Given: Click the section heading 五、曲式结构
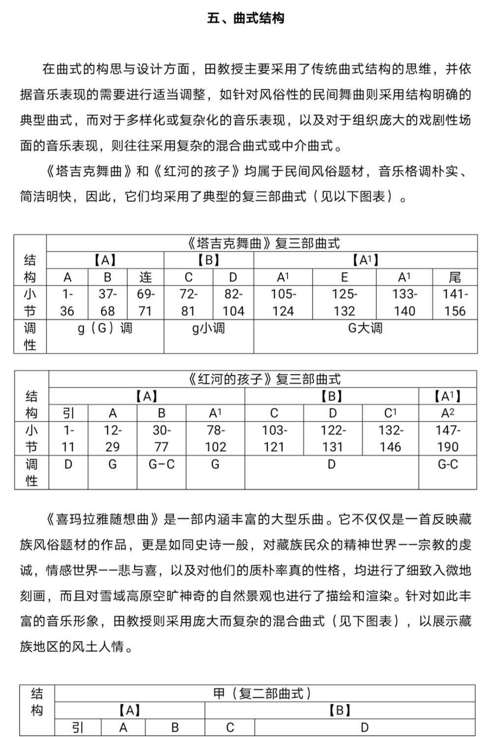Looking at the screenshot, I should tap(246, 19).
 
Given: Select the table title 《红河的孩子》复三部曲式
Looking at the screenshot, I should tap(263, 379).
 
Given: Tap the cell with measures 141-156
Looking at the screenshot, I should tap(455, 303).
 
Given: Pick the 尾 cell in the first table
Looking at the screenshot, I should tap(455, 277).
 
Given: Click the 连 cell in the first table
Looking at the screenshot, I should tap(145, 277).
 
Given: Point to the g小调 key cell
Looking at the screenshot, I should tap(208, 328).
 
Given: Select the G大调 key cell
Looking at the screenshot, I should tap(365, 328).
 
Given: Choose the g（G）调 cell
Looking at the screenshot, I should tap(105, 328).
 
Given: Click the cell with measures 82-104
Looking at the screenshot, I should tap(233, 303).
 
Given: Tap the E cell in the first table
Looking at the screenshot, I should tap(344, 277).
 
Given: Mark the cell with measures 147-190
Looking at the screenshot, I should tap(447, 439).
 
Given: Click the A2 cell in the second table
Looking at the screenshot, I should tap(447, 413).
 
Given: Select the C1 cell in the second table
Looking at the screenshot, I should tap(390, 413).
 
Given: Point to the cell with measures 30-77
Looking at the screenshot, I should tap(161, 439).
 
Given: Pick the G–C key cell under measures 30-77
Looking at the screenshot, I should tap(161, 464).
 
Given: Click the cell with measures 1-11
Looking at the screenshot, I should tap(68, 439).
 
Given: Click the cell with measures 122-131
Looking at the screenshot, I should tap(333, 439).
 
